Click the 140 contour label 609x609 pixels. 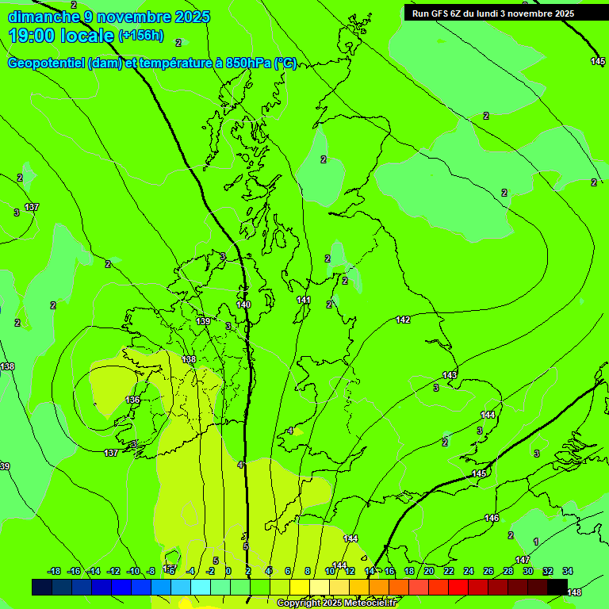(243, 304)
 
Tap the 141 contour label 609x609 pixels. (304, 300)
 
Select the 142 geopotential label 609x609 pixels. (403, 320)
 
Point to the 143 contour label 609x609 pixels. (450, 375)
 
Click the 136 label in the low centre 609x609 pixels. (132, 400)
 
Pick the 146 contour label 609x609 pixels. (492, 518)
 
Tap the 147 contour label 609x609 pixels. (523, 560)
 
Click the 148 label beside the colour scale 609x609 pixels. (574, 592)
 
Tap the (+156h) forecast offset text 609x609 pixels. (141, 36)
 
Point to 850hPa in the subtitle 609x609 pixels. (247, 64)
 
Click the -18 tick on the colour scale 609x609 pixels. (54, 571)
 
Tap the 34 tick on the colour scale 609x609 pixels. (568, 571)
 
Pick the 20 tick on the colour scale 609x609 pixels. (428, 571)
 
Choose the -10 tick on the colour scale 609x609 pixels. (133, 571)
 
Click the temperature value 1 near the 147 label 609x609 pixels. (536, 542)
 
